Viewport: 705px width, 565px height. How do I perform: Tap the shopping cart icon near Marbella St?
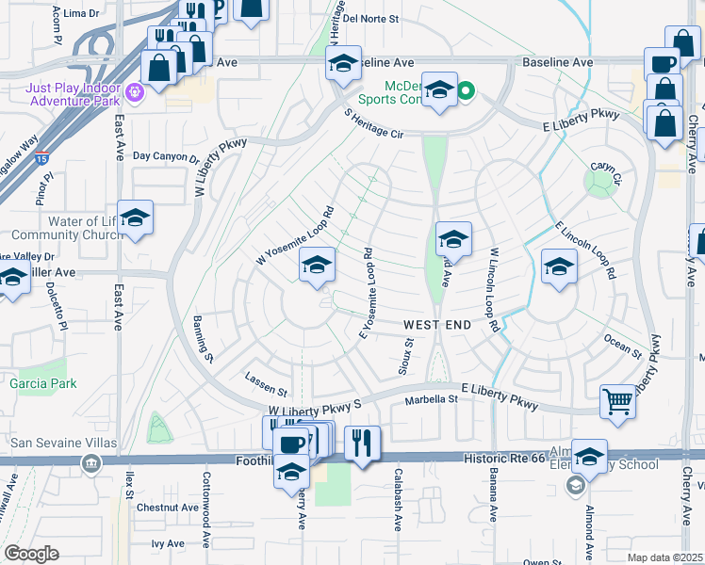[618, 401]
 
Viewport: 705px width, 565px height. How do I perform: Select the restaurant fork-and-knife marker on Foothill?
[362, 443]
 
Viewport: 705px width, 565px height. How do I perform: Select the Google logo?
[31, 554]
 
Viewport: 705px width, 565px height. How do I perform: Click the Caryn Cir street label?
[606, 171]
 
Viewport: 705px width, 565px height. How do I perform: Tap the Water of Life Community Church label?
[59, 228]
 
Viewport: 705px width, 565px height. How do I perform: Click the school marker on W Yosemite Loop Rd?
[317, 267]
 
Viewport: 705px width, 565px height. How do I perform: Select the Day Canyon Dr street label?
[166, 156]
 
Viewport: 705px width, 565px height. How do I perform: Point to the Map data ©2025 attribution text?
[664, 557]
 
